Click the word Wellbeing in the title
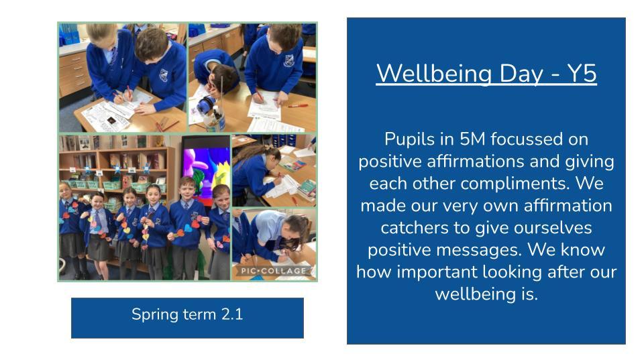(434, 74)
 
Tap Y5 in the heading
(582, 74)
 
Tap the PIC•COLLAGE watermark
(274, 270)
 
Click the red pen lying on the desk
(298, 106)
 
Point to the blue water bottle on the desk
(206, 105)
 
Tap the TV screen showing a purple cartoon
(206, 169)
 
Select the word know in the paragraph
(585, 249)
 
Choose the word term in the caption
(200, 315)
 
